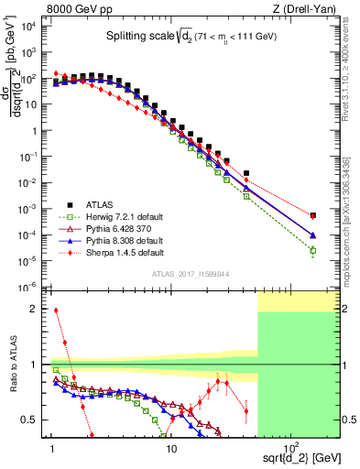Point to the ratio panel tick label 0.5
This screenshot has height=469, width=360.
(36, 420)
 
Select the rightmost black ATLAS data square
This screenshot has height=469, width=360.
(313, 215)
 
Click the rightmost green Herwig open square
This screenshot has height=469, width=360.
(313, 250)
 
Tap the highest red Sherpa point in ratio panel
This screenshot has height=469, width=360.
(56, 310)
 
